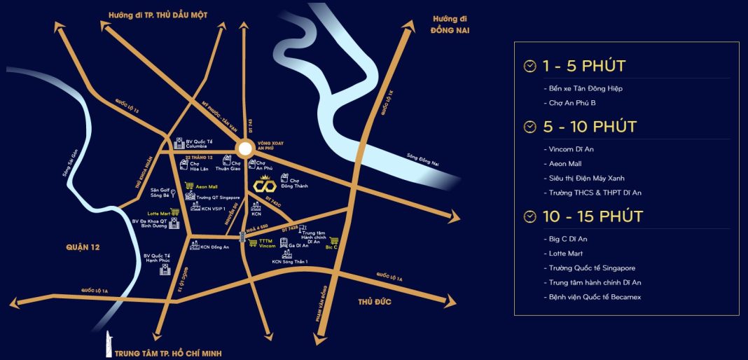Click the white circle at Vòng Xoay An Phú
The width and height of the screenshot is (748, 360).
click(x=244, y=148)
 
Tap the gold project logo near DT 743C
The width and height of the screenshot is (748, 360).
click(x=265, y=186)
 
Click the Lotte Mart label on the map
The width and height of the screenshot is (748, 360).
click(x=158, y=212)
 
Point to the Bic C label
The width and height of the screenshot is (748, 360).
click(x=332, y=247)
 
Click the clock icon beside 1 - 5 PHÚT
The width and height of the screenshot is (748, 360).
click(x=530, y=67)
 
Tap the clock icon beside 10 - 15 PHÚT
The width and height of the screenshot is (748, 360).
click(x=530, y=217)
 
